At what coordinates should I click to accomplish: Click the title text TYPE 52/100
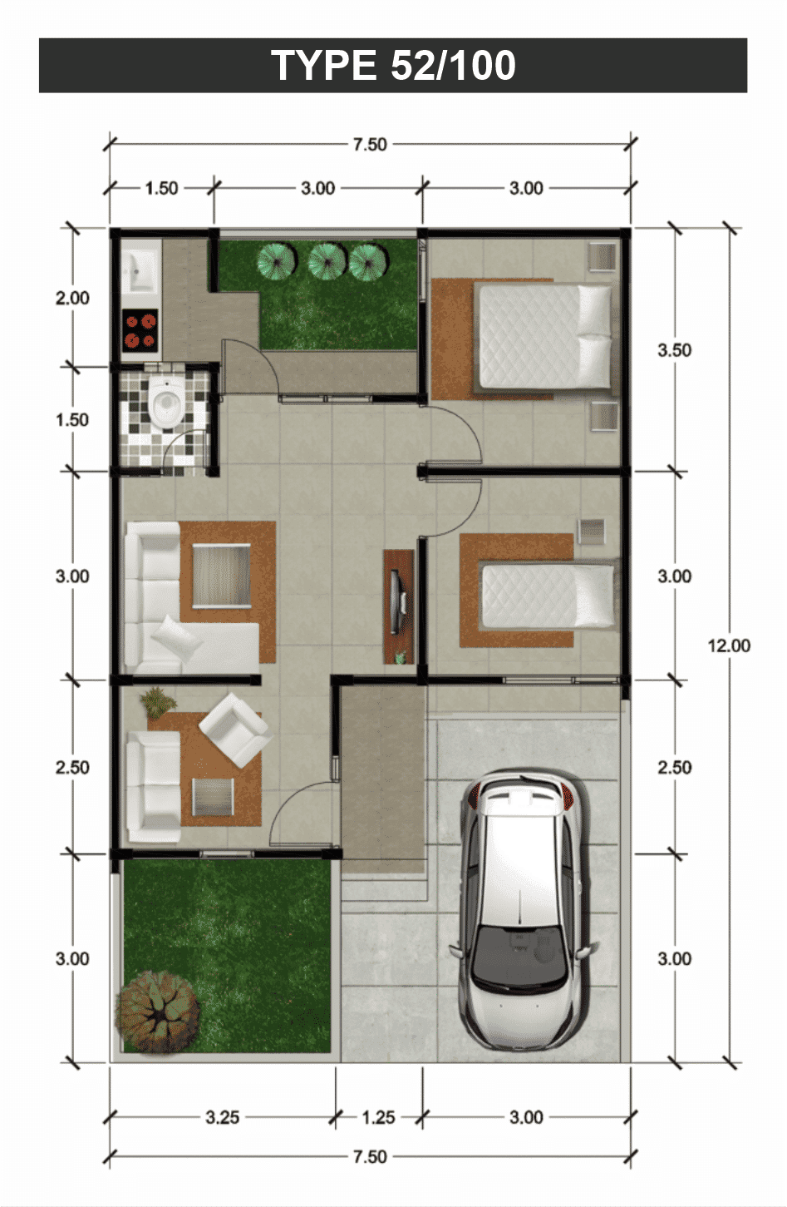(393, 65)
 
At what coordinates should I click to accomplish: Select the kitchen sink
(140, 268)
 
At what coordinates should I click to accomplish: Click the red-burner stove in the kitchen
(140, 329)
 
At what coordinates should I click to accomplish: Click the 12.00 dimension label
(728, 646)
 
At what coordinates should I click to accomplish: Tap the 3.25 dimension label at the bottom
(222, 1117)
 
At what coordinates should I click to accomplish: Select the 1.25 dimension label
(378, 1117)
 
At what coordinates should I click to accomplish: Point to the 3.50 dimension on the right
(674, 350)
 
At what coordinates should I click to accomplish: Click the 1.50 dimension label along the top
(161, 188)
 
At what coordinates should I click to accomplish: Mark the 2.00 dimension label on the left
(72, 298)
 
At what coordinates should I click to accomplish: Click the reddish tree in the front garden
(157, 1011)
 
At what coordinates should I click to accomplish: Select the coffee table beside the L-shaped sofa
(221, 576)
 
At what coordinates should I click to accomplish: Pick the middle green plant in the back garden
(327, 260)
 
